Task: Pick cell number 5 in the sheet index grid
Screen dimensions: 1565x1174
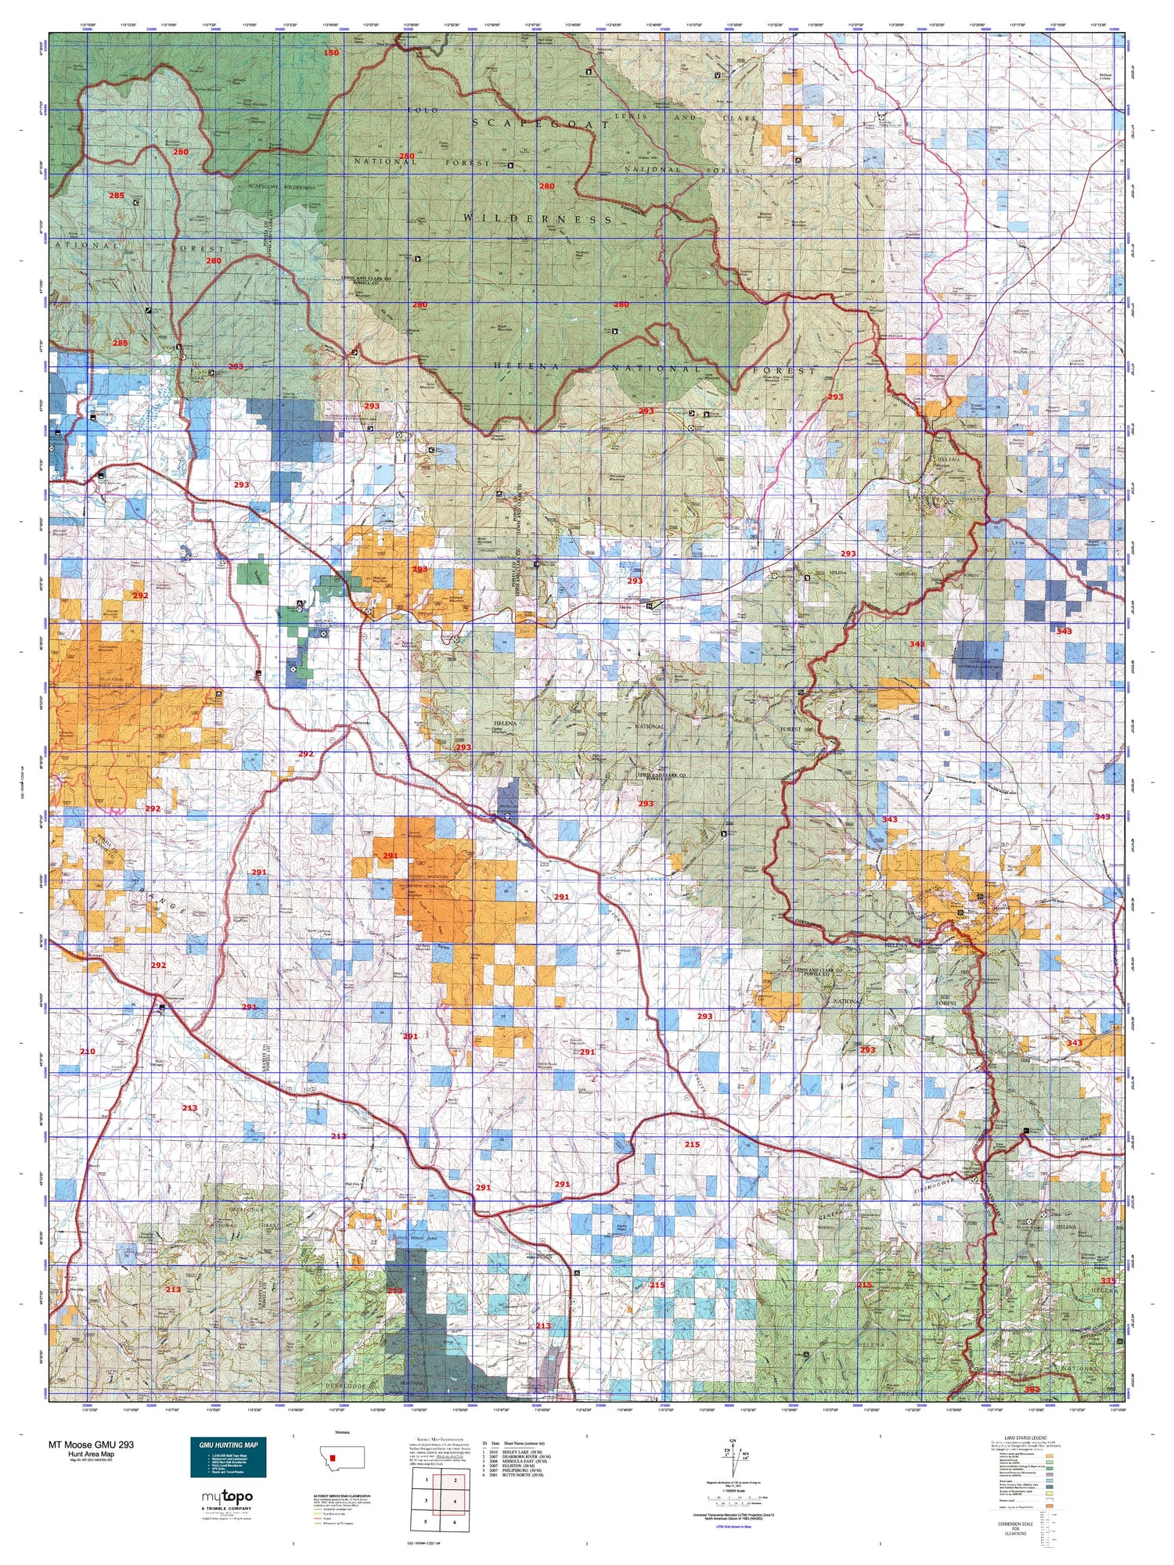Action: pyautogui.click(x=425, y=1522)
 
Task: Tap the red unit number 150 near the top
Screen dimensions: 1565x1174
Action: pyautogui.click(x=331, y=53)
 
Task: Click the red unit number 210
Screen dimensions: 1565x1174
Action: pyautogui.click(x=87, y=1051)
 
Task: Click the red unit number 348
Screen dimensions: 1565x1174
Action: pyautogui.click(x=917, y=644)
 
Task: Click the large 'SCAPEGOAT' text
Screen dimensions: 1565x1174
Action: pyautogui.click(x=539, y=124)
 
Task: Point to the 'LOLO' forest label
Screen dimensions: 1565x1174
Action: pyautogui.click(x=419, y=111)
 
